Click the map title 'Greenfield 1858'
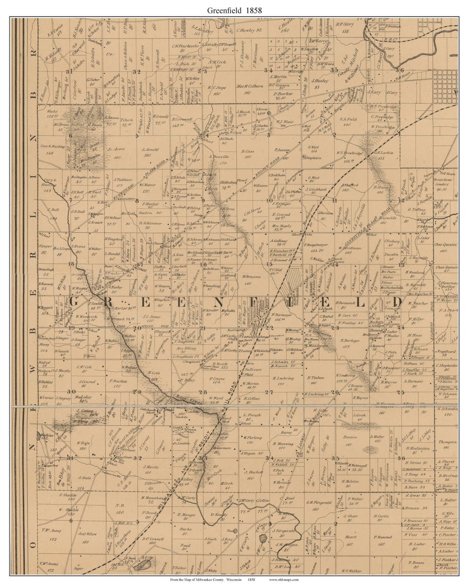234,10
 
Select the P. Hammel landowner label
385,537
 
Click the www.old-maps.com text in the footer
284,579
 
